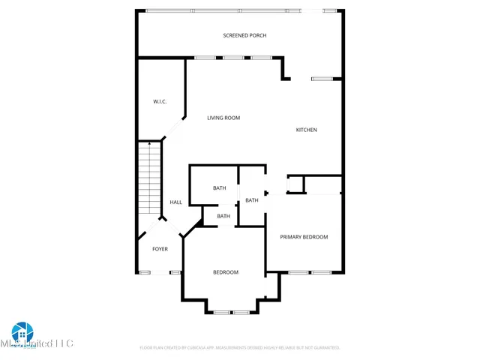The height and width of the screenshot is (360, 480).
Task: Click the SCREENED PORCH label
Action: click(x=244, y=35)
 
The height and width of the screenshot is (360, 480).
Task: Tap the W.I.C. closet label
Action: click(x=160, y=101)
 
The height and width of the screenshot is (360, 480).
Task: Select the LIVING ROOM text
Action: click(x=223, y=118)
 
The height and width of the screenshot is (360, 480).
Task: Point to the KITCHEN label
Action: click(x=306, y=130)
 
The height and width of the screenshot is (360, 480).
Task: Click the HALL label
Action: click(x=175, y=202)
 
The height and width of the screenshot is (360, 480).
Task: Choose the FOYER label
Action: click(x=160, y=248)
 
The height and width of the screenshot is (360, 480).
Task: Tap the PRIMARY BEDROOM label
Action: click(x=304, y=237)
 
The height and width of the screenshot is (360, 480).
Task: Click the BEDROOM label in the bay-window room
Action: click(x=225, y=272)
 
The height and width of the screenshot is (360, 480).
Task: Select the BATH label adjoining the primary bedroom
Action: click(x=251, y=200)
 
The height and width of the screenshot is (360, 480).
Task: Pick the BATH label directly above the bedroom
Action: click(x=223, y=216)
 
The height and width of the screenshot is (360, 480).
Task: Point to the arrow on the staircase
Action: click(x=149, y=143)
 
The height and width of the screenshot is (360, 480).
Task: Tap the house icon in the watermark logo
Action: click(x=22, y=332)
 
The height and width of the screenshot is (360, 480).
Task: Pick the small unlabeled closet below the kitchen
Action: click(x=296, y=184)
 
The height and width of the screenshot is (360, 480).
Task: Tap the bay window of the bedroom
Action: click(x=231, y=311)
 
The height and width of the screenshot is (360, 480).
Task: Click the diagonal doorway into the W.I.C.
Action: click(x=174, y=128)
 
